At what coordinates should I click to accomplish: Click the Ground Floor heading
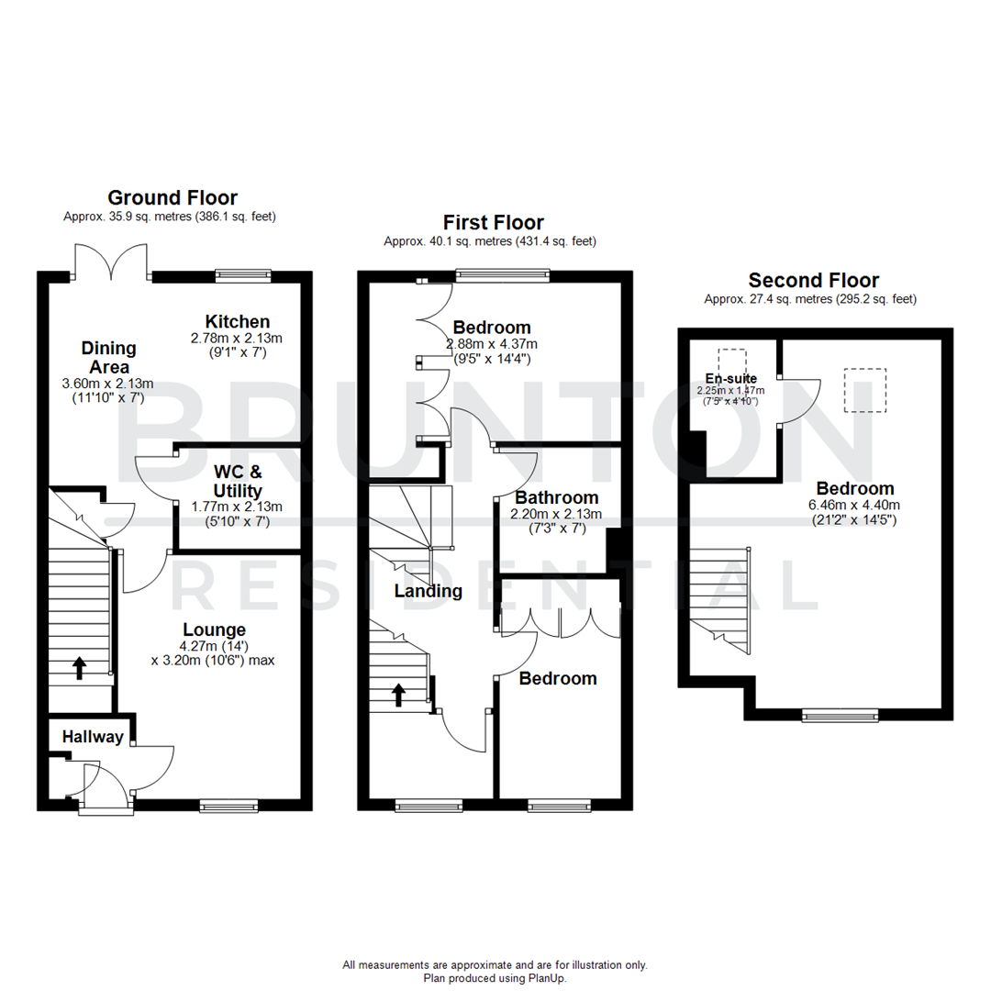(x=173, y=197)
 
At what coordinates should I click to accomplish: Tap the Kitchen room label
(x=237, y=321)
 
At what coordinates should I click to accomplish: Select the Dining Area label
(x=108, y=358)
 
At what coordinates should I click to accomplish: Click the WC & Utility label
(x=238, y=482)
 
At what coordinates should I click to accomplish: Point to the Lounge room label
(x=214, y=629)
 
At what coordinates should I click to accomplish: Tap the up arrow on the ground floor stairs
(x=79, y=667)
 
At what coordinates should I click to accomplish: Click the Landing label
(x=428, y=591)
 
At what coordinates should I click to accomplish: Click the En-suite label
(x=731, y=378)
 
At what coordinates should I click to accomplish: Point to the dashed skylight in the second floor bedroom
(x=864, y=389)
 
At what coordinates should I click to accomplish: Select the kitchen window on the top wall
(x=243, y=274)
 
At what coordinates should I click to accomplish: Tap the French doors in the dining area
(x=111, y=262)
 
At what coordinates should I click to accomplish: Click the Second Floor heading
(x=813, y=280)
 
